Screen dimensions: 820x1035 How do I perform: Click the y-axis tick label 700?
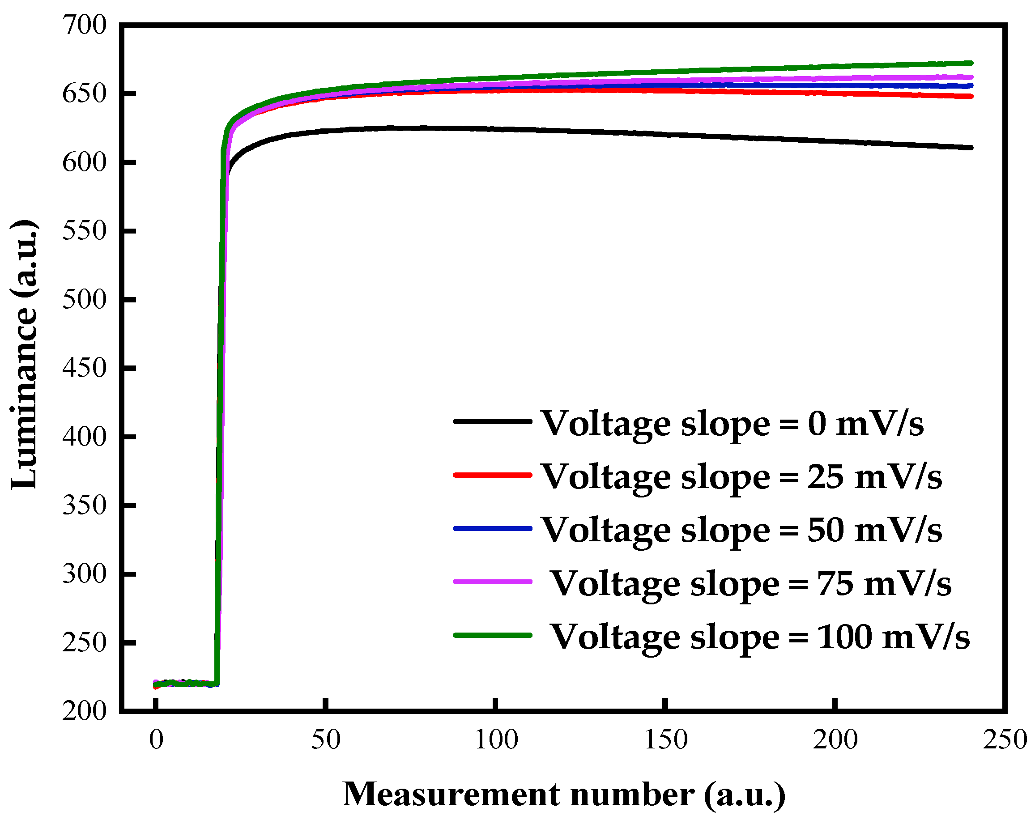85,25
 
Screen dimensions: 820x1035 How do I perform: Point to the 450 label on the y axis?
85,368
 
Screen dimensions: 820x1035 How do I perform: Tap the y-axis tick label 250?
85,642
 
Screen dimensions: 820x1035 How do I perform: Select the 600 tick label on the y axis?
85,162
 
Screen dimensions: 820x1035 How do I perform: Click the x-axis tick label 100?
496,739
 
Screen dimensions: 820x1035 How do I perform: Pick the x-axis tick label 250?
1005,739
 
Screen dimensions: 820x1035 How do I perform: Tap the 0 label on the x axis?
156,739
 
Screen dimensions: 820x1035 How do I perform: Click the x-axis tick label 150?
666,739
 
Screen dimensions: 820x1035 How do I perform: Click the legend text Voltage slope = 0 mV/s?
732,423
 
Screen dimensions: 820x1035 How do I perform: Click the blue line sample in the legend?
493,528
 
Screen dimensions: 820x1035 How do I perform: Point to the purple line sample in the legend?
493,582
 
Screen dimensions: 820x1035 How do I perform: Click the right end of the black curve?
971,147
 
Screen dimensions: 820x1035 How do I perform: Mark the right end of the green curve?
971,63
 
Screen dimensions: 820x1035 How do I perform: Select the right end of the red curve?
971,97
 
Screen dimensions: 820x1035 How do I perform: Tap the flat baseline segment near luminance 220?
187,683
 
